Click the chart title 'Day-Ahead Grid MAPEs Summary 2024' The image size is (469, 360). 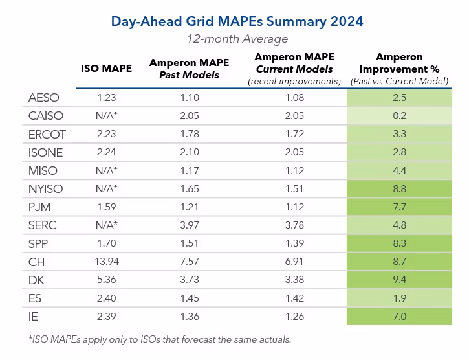click(237, 21)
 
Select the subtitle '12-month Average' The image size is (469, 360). click(237, 38)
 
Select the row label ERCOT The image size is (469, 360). click(47, 134)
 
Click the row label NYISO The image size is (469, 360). click(47, 189)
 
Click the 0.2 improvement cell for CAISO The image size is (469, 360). click(399, 116)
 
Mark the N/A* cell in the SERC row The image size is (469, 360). click(106, 225)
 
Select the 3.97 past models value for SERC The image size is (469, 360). click(184, 225)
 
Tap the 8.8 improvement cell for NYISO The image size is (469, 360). click(399, 189)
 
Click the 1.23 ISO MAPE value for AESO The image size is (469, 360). click(106, 98)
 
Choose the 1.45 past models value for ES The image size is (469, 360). click(184, 298)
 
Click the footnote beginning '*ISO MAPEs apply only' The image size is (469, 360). click(160, 339)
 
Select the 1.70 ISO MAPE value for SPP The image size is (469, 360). click(106, 244)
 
